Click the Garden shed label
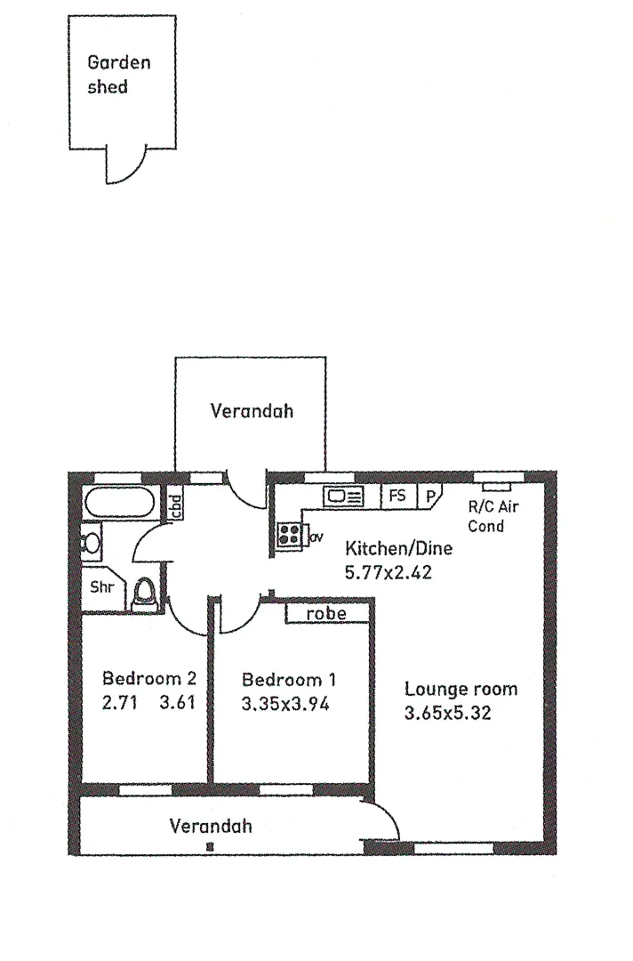click(118, 74)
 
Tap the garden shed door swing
click(125, 165)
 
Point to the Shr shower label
click(100, 587)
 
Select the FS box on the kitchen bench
click(397, 497)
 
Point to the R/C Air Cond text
click(493, 517)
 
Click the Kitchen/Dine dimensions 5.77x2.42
click(388, 572)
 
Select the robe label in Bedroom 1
click(325, 614)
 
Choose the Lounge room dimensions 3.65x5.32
click(448, 712)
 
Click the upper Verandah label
click(252, 411)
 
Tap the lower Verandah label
click(211, 826)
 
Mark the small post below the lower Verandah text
click(210, 846)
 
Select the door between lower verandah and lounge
click(381, 819)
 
